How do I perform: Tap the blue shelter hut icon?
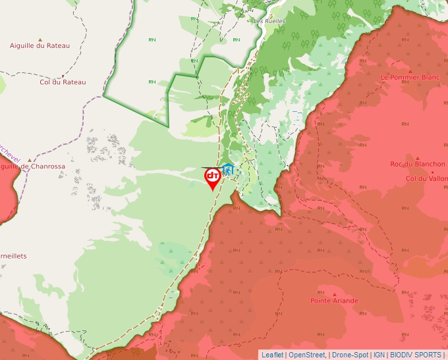pyautogui.click(x=227, y=169)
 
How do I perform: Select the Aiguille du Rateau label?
pyautogui.click(x=40, y=45)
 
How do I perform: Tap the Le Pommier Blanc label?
pyautogui.click(x=410, y=77)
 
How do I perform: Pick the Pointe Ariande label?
pyautogui.click(x=334, y=301)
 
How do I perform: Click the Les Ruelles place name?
pyautogui.click(x=269, y=20)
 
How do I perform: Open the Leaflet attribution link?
pyautogui.click(x=272, y=355)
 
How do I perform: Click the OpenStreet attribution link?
pyautogui.click(x=307, y=355)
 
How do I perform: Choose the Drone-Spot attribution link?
pyautogui.click(x=350, y=355)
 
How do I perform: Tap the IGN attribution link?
pyautogui.click(x=379, y=355)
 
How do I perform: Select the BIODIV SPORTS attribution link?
pyautogui.click(x=416, y=355)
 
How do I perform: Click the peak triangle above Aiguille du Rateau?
pyautogui.click(x=40, y=39)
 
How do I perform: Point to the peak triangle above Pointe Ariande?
pyautogui.click(x=334, y=294)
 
